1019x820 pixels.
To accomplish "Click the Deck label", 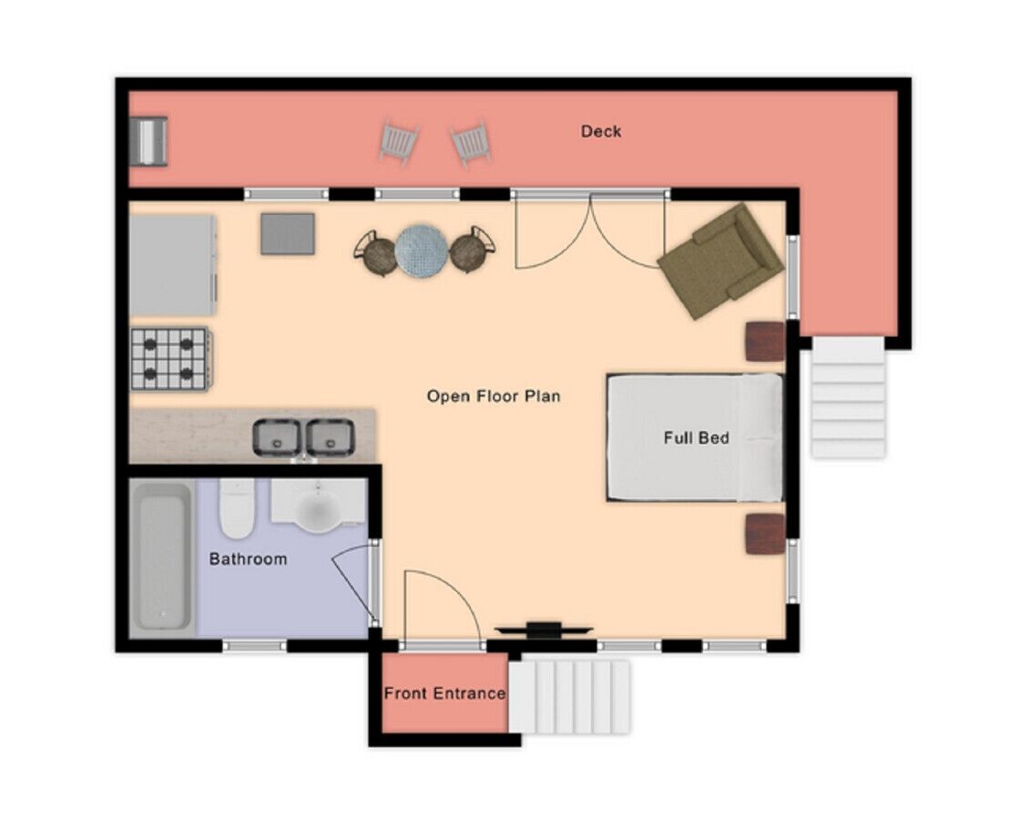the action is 600,131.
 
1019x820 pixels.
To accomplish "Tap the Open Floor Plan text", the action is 494,396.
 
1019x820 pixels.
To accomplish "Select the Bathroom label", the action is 248,559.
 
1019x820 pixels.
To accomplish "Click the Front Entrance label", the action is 444,693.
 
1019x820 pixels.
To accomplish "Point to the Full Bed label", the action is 696,437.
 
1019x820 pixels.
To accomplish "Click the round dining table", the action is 421,251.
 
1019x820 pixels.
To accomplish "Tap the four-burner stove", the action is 171,359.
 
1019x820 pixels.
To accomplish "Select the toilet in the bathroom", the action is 236,508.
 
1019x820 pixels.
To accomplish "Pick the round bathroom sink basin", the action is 319,509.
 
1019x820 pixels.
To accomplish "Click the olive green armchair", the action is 721,261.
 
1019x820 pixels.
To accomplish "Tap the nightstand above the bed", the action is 765,342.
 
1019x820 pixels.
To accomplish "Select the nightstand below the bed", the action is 765,534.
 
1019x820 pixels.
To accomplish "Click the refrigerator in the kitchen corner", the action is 172,265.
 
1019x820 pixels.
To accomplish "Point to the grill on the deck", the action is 148,141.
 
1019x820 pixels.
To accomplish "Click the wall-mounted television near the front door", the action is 544,630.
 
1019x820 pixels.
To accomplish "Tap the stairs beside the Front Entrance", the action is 569,697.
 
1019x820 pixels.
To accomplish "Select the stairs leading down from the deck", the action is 848,397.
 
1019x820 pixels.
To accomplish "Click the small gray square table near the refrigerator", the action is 288,233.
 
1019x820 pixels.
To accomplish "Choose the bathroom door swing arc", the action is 354,582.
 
